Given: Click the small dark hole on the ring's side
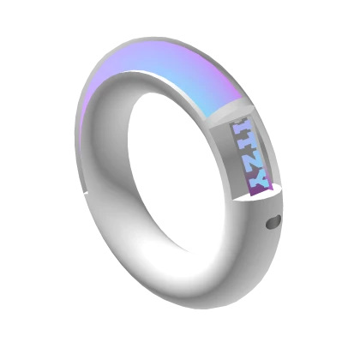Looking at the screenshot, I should click(273, 223).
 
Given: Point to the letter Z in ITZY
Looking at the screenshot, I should click(253, 162).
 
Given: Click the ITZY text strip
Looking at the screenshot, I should click(250, 155).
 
